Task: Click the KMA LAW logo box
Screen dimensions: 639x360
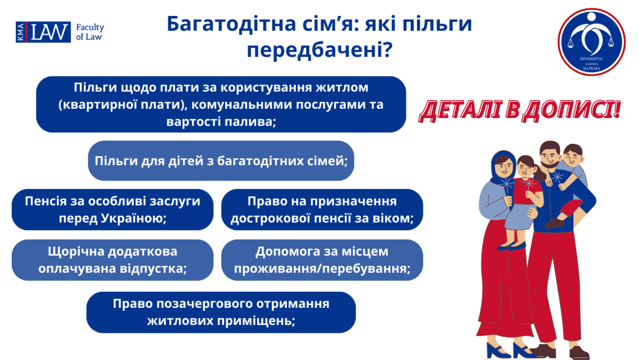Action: pos(43,32)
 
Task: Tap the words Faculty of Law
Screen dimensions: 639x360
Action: pos(90,32)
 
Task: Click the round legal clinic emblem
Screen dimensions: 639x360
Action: pos(592,42)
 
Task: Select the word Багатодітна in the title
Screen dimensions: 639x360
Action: pos(232,23)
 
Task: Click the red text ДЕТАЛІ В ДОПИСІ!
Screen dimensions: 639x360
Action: pos(520,111)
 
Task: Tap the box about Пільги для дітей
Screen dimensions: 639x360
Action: pos(221,161)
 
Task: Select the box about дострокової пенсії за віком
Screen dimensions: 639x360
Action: pos(322,210)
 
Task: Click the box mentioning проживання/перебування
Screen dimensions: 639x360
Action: pos(322,260)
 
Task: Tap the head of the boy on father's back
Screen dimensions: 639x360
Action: pos(572,155)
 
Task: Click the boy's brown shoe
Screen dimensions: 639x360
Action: pos(554,223)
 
